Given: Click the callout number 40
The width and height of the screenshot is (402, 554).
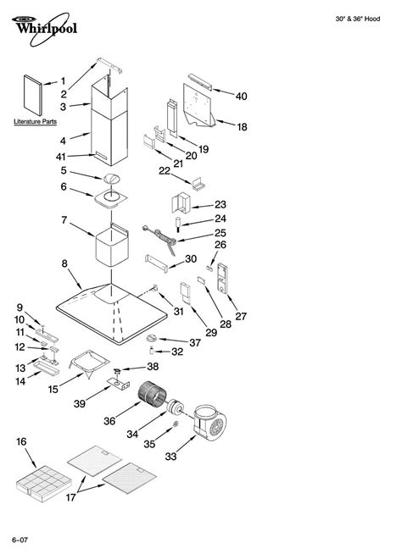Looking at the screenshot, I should click(241, 97).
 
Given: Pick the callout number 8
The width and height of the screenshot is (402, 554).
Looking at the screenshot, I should click(64, 264).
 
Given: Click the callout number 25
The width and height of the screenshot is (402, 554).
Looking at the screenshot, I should click(220, 232).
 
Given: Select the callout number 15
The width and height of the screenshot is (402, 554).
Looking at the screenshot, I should click(53, 389).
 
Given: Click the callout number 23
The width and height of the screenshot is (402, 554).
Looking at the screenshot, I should click(220, 204).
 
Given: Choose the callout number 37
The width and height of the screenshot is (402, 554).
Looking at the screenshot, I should click(194, 342).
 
